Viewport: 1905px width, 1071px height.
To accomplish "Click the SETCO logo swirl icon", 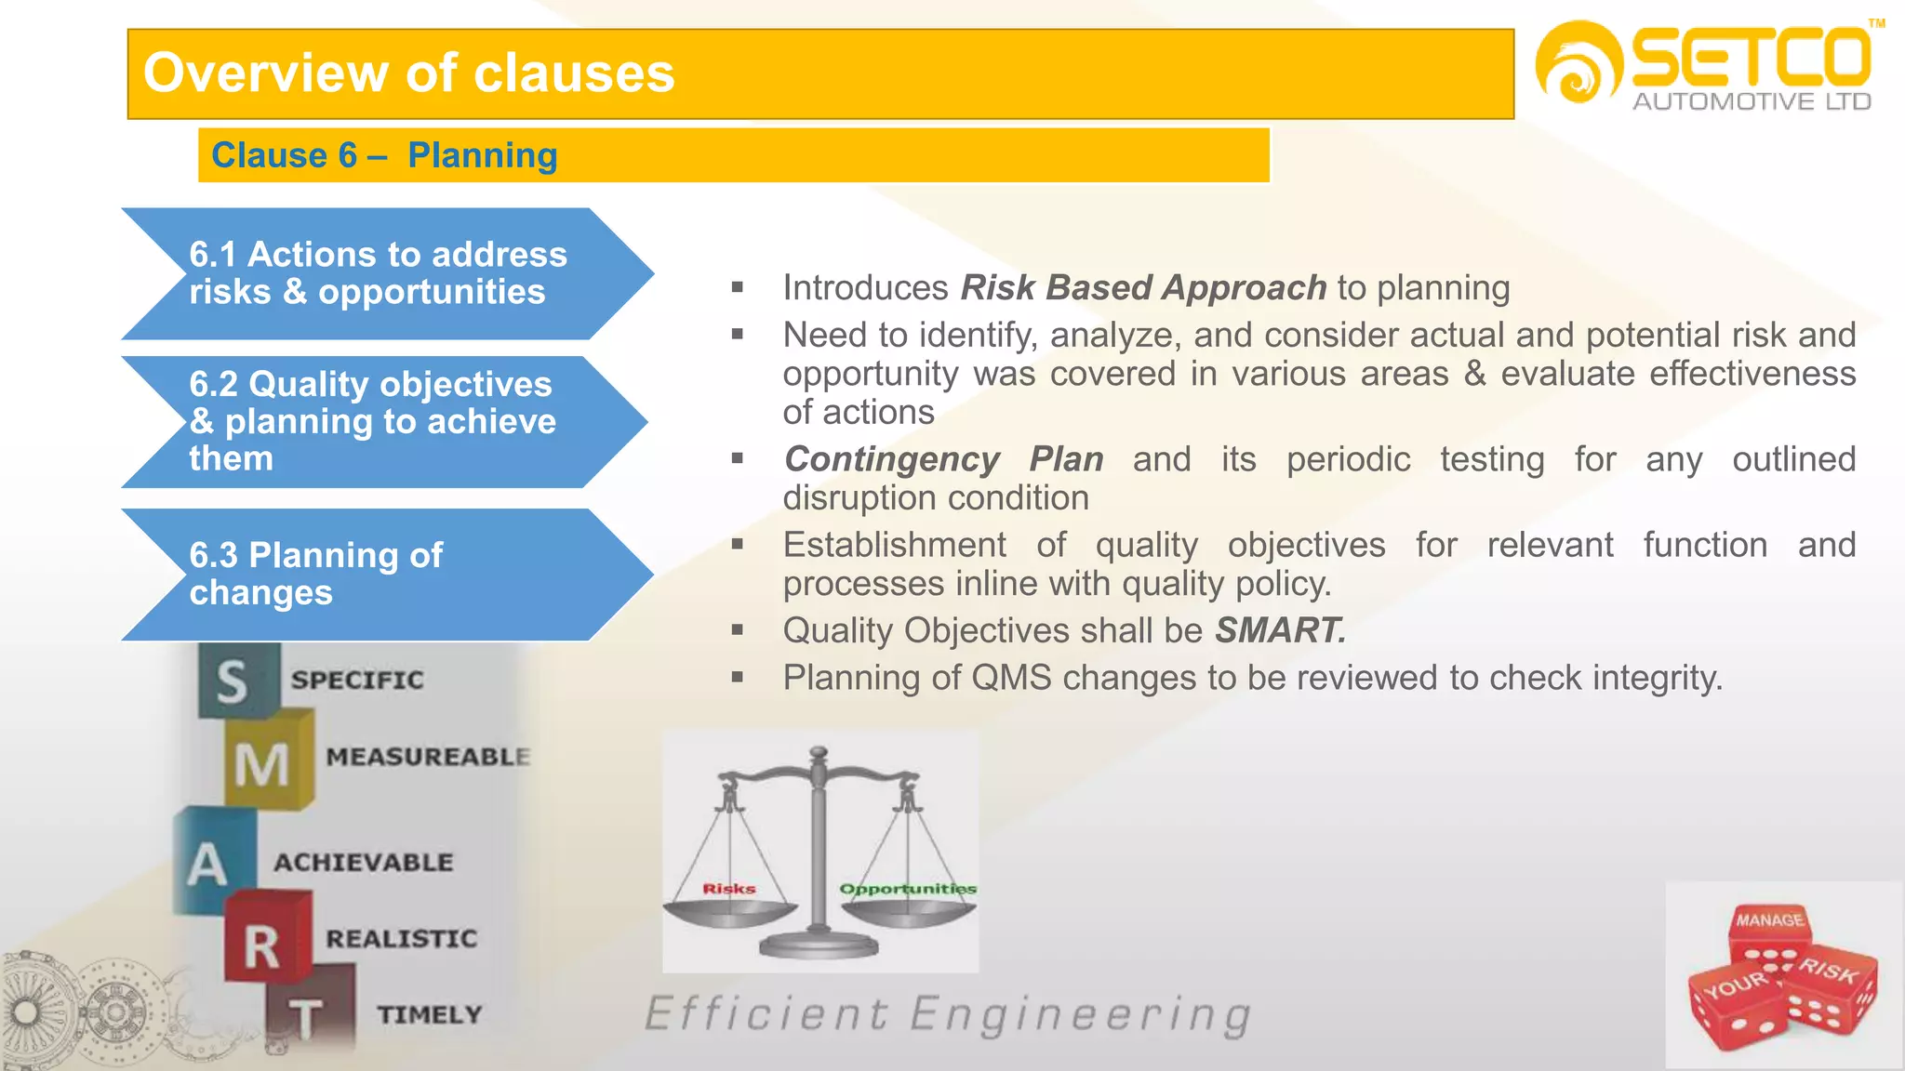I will [1578, 63].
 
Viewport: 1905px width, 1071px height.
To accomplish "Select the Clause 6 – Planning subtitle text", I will [384, 155].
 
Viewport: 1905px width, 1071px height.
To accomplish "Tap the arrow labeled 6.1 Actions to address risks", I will [378, 273].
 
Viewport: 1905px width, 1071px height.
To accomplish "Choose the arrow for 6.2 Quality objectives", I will [372, 421].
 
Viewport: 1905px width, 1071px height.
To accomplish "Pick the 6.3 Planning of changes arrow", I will [372, 574].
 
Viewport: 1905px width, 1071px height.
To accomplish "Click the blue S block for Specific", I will [234, 681].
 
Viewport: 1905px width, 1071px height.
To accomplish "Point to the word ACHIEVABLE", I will [364, 863].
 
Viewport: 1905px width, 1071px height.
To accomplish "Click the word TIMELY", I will [430, 1014].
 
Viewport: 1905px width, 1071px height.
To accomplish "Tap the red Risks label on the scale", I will [728, 889].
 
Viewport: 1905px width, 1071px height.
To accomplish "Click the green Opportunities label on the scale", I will [907, 889].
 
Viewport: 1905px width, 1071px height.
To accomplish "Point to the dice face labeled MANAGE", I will [1769, 920].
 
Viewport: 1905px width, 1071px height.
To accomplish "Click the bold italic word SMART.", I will [1280, 631].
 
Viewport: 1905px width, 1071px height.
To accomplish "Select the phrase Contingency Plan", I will [943, 459].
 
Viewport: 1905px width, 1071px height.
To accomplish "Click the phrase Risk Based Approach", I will [1143, 288].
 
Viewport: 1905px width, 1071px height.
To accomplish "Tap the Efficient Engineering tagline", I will [948, 1014].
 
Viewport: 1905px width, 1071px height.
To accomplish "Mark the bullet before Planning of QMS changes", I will [738, 678].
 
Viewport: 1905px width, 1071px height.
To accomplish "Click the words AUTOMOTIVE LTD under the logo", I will [1752, 102].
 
